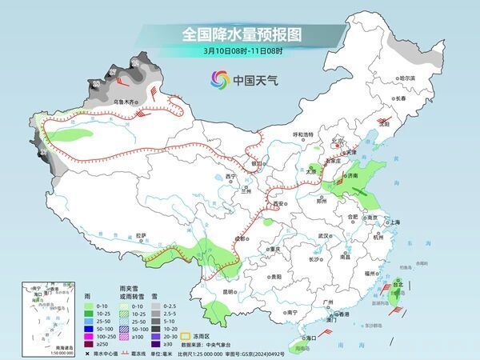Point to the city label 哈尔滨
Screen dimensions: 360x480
coord(406,78)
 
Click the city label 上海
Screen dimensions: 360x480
coord(393,222)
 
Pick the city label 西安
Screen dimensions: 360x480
coord(279,204)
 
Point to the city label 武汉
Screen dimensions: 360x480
coord(323,236)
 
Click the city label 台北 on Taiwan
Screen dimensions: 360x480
coord(397,283)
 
